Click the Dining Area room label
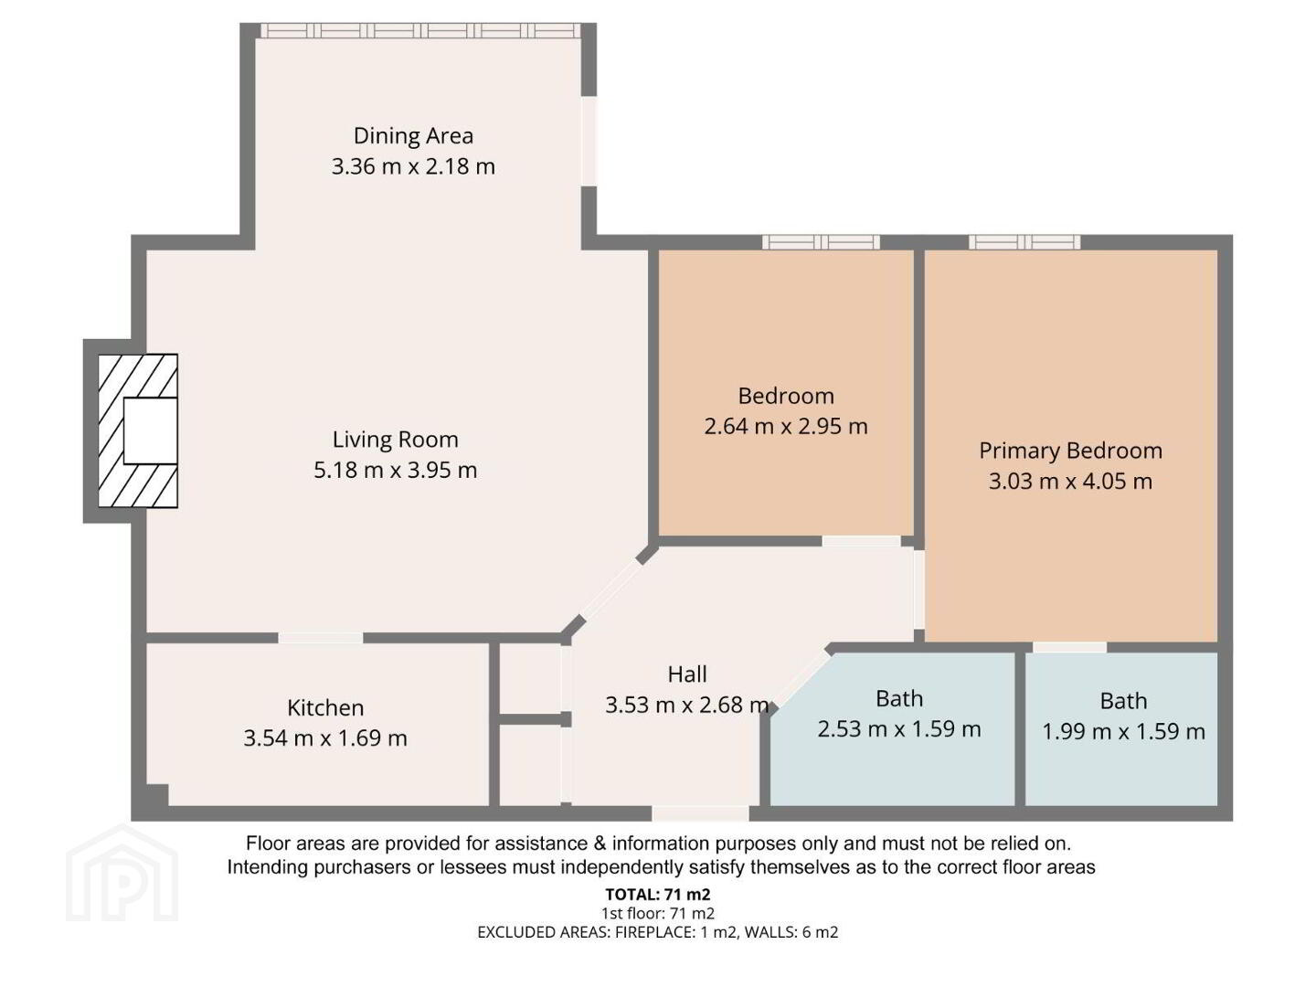point(413,136)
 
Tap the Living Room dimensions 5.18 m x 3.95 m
point(395,470)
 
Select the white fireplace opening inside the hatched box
point(150,430)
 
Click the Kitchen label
point(325,707)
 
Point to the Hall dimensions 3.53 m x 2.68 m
point(686,705)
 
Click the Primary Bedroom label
point(1070,451)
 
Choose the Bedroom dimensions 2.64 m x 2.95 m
point(785,427)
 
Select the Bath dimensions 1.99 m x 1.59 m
point(1123,732)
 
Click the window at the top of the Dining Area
point(420,30)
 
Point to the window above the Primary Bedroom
point(1024,242)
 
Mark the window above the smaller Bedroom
point(821,242)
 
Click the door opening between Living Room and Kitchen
point(320,638)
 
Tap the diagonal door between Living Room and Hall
point(611,589)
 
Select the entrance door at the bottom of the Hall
point(700,813)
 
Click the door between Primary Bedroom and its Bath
point(1069,647)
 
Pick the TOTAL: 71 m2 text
point(658,895)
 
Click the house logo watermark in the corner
point(122,873)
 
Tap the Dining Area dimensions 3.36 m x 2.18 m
point(413,166)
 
